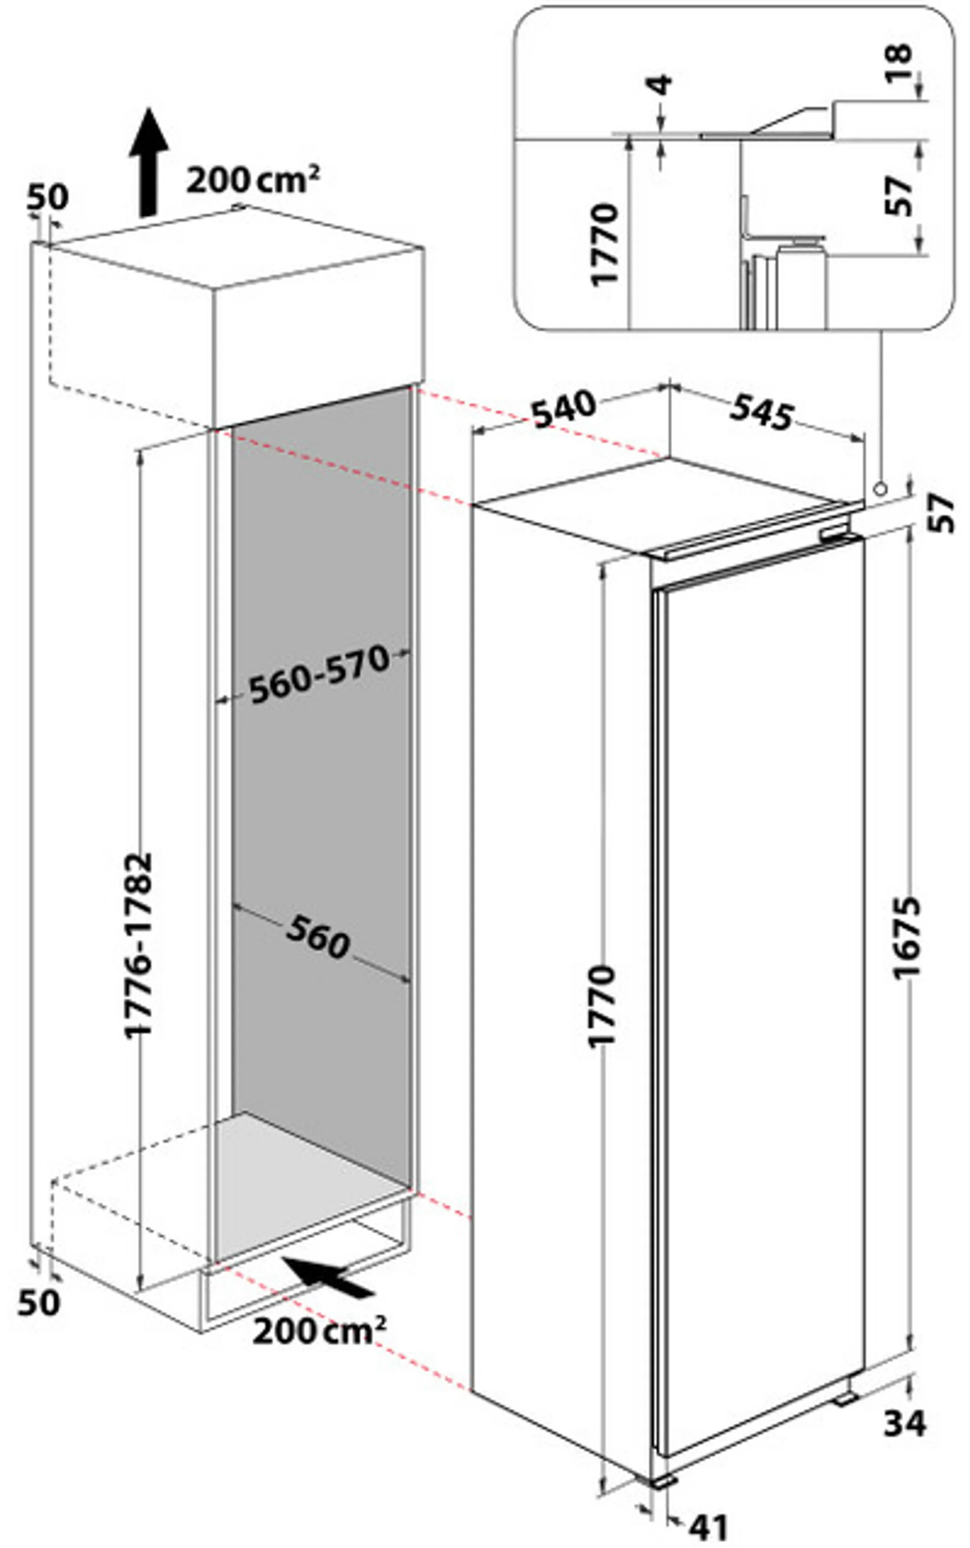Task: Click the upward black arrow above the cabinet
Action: pos(148,162)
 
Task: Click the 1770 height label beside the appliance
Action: pos(602,1006)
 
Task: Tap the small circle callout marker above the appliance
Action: pos(880,488)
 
